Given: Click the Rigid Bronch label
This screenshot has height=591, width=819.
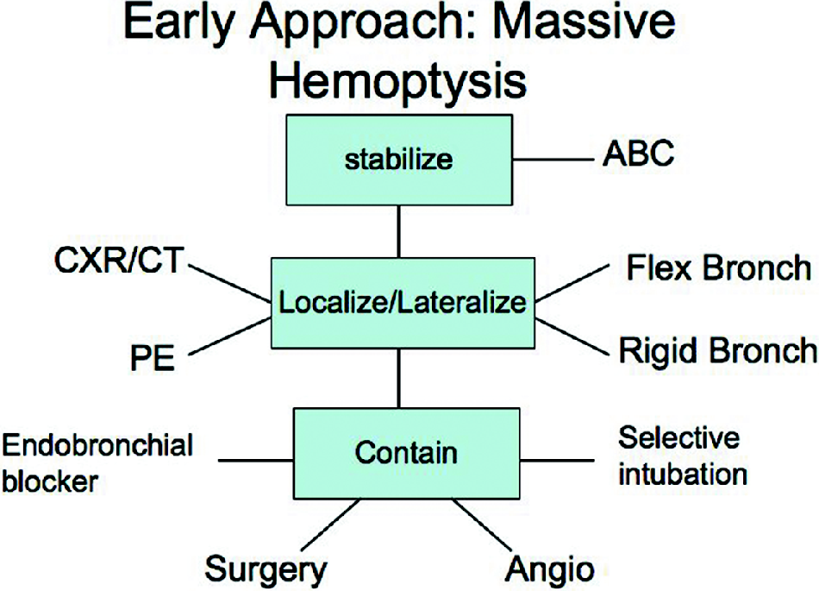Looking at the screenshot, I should (717, 350).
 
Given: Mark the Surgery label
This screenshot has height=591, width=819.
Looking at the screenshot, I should (266, 569).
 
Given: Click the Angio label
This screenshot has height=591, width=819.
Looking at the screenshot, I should (550, 569).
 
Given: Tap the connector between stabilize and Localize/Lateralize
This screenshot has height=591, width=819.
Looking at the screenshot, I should (398, 230).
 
